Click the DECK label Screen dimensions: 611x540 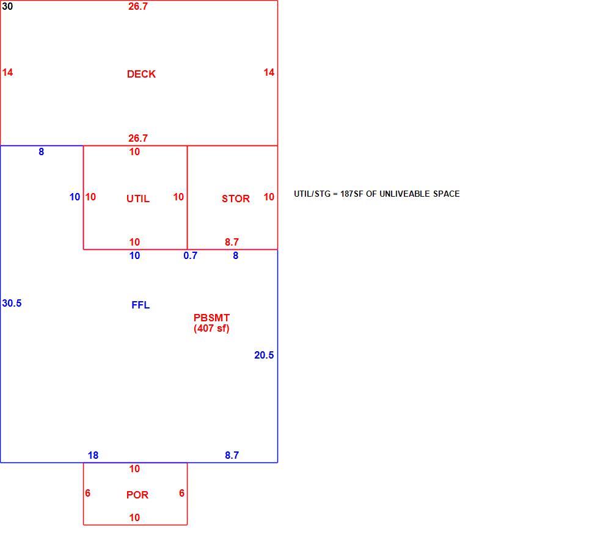tap(141, 74)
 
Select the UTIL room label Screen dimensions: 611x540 tap(138, 199)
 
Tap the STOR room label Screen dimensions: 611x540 tap(236, 199)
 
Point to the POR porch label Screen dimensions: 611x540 tap(137, 495)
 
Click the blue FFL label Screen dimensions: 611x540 tap(141, 305)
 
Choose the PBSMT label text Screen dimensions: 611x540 tap(211, 318)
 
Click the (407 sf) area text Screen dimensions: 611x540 tap(211, 328)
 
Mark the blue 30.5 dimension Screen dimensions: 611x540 tap(12, 303)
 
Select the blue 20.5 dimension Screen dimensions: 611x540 tap(264, 355)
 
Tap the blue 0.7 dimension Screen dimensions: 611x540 tap(191, 255)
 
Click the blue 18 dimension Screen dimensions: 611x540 tap(93, 455)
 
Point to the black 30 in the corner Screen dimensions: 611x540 tap(7, 6)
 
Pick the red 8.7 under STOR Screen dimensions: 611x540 tap(232, 242)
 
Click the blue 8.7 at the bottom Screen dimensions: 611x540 tap(232, 455)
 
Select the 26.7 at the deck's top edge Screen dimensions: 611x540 tap(138, 6)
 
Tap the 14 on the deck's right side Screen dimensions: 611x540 tap(269, 72)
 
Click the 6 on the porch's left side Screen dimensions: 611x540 tap(87, 493)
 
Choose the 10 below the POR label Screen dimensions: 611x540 tap(134, 517)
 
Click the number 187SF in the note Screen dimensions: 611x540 tap(351, 194)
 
